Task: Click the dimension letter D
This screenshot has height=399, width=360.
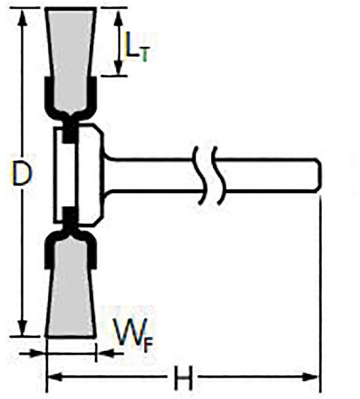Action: coord(22,174)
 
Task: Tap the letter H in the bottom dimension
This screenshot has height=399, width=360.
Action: coord(182,378)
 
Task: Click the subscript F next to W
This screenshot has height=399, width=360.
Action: coord(148,344)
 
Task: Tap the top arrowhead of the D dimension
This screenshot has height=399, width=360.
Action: coord(23,18)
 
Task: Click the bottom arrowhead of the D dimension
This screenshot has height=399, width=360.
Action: coord(23,328)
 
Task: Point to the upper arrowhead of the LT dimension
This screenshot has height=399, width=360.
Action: coord(118,18)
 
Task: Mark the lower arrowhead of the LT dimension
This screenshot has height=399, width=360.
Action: coord(118,66)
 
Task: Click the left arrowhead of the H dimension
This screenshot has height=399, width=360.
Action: coord(55,376)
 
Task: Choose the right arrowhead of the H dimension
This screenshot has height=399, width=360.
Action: coord(311,376)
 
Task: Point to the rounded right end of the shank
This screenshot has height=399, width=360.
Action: coord(318,176)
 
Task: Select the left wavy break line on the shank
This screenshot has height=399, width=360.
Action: coord(200,175)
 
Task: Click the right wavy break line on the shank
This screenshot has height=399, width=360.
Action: coord(219,175)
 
